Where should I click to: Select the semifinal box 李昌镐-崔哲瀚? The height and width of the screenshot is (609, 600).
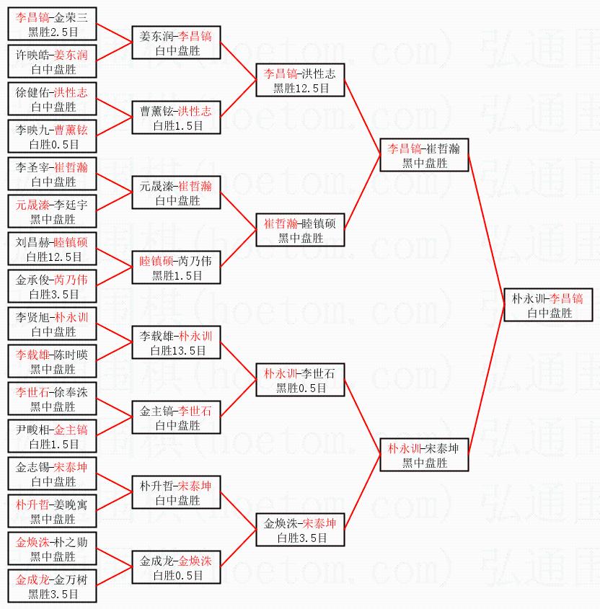coord(424,155)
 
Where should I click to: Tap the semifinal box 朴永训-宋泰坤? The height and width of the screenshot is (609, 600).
coord(424,455)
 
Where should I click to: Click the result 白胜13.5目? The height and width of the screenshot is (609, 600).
coord(177,351)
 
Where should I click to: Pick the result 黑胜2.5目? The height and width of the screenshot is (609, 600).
coord(52,32)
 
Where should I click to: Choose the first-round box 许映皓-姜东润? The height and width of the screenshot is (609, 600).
coord(52,62)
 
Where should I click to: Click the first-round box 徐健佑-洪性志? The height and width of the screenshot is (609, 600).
coord(52,99)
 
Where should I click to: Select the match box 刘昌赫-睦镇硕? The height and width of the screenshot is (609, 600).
coord(52,249)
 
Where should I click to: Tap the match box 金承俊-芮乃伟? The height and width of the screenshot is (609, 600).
coord(52,286)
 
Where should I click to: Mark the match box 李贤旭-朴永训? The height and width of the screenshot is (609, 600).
coord(52,324)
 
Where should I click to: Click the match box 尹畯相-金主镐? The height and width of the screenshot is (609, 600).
coord(52,436)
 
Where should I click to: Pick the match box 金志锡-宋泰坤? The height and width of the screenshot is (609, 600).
coord(52,474)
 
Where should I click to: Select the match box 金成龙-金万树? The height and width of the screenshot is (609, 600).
coord(52,586)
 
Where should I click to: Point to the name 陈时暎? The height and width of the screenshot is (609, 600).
coord(72,355)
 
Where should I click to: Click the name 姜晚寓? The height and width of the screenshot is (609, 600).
coord(72,504)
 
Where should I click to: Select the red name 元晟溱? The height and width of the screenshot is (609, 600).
coord(31,205)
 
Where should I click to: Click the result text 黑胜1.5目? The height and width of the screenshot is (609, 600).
coord(177,275)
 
